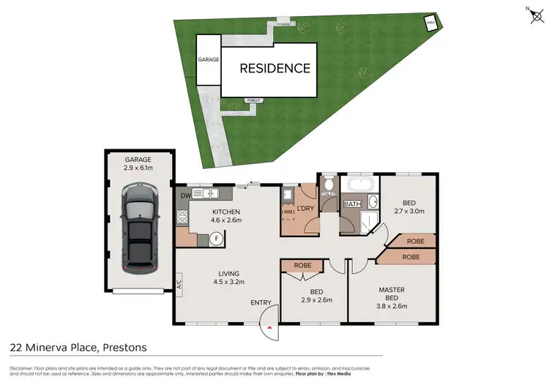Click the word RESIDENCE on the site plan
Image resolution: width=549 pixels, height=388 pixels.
coord(276,69)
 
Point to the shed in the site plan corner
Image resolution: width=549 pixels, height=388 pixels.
coord(431,23)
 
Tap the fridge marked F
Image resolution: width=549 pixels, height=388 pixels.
coord(217,238)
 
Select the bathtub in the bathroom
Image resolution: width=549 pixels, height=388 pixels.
coord(360,184)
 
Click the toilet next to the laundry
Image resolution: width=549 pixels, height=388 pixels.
coord(328,184)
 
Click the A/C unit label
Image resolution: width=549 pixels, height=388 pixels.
coord(178,283)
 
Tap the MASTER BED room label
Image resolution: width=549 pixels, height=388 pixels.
coord(392,293)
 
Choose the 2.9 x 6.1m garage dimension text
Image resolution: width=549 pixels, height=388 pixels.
coord(138,168)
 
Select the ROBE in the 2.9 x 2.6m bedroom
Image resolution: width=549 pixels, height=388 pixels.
coord(303,265)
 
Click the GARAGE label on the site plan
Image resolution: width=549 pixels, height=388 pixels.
coord(209,59)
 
